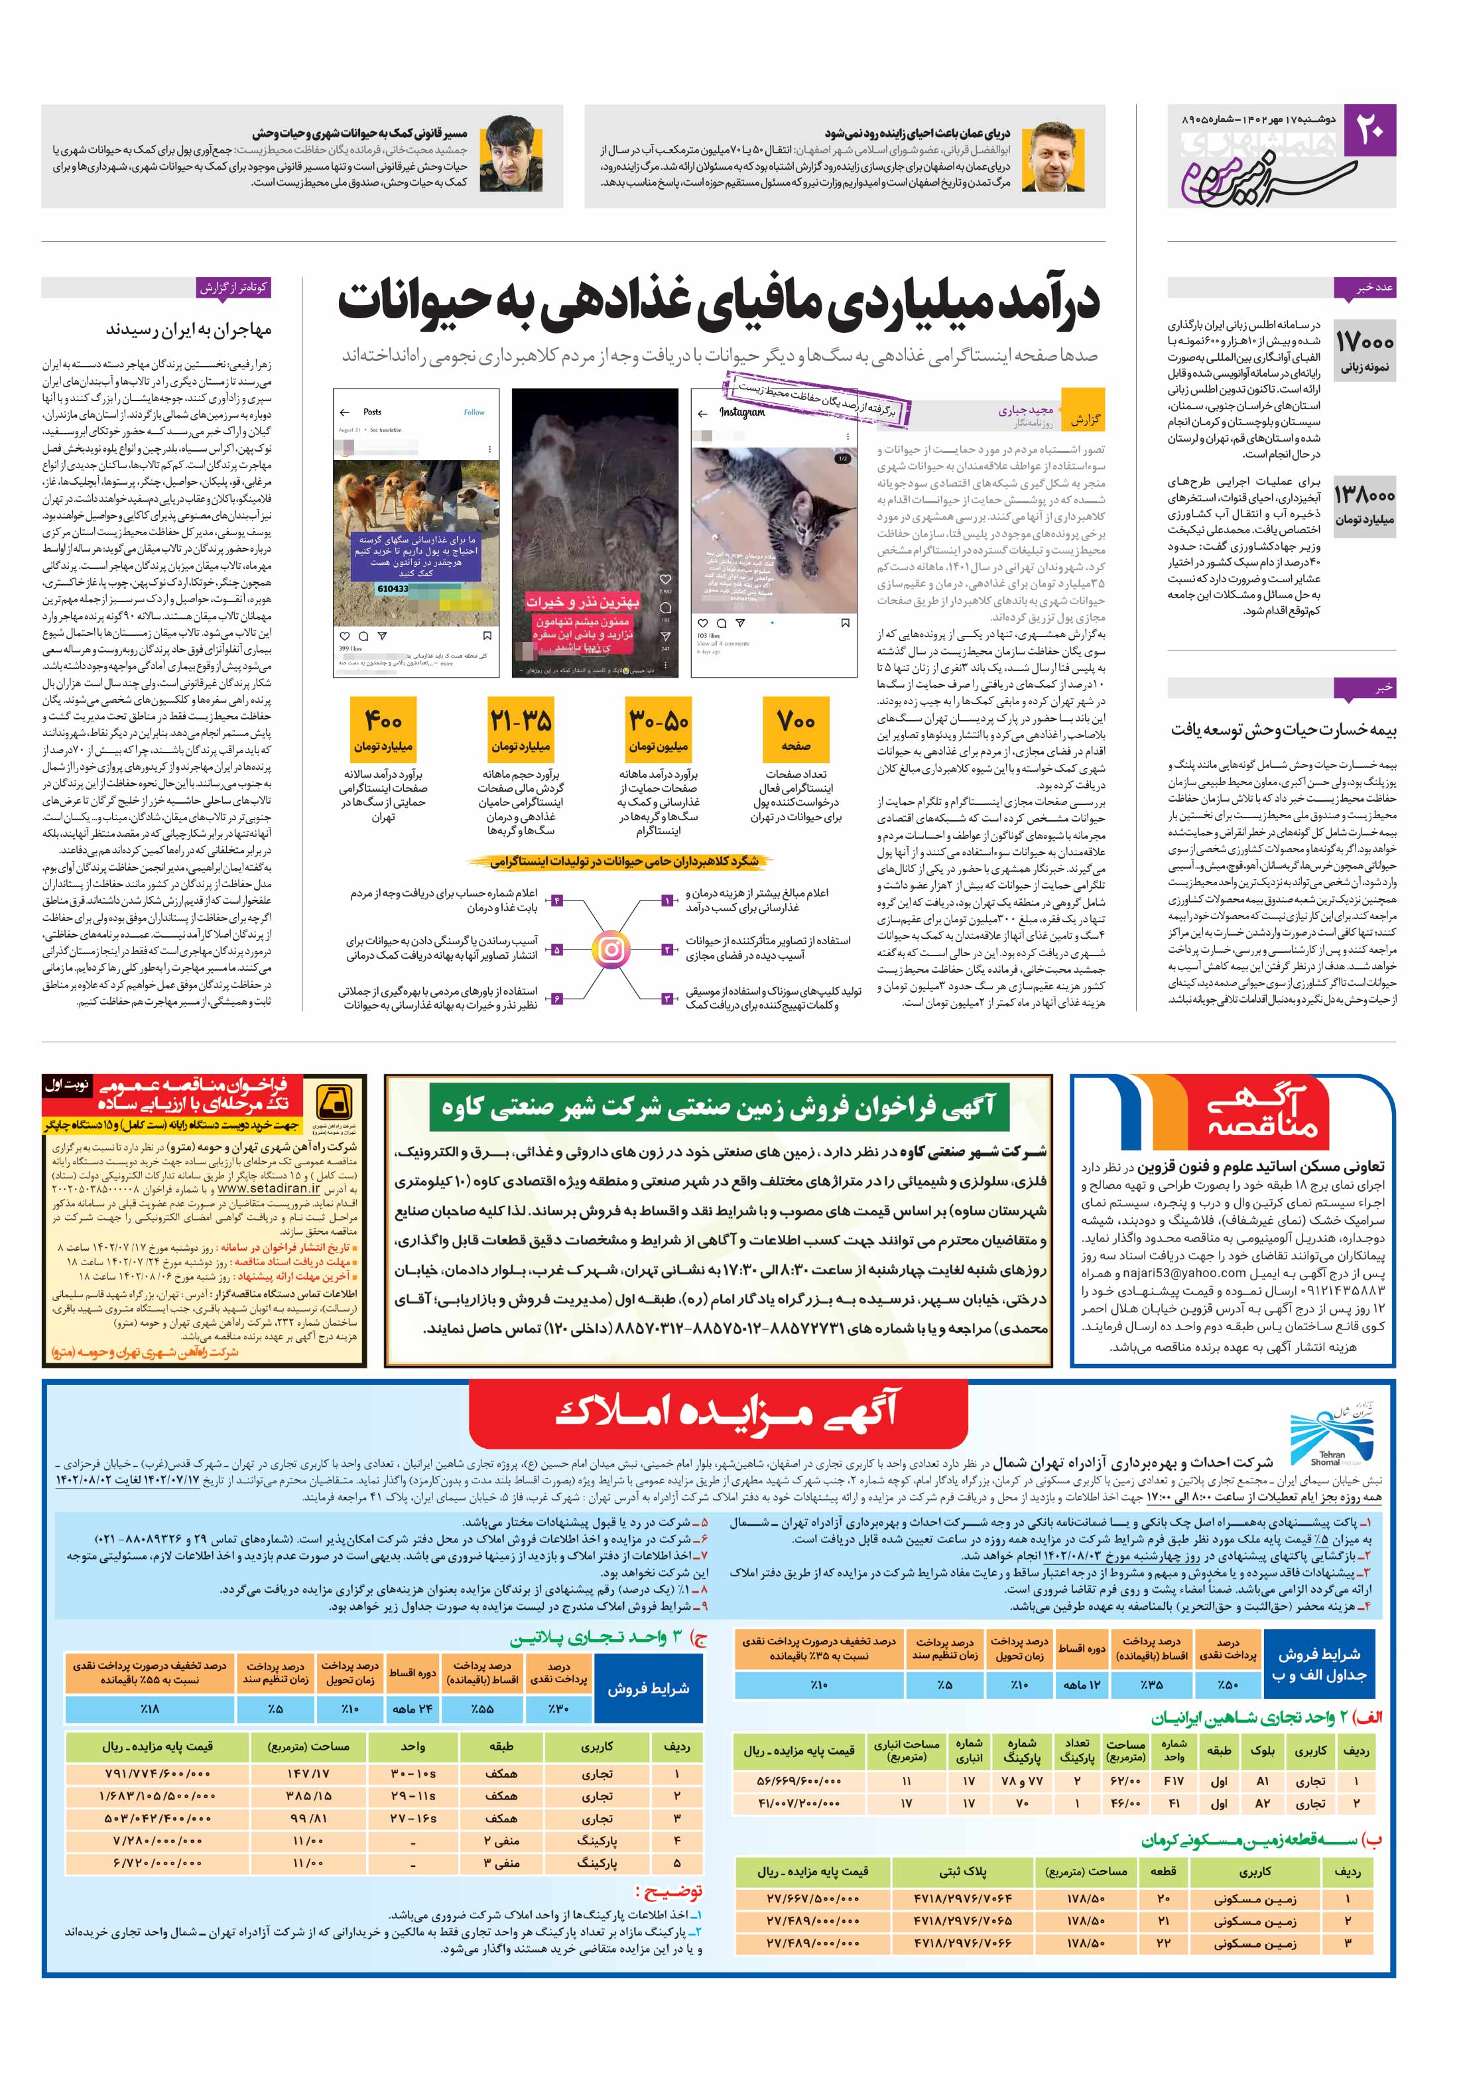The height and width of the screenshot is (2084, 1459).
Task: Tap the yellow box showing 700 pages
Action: coord(795,725)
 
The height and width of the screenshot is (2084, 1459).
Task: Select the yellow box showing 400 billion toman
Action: coord(383,725)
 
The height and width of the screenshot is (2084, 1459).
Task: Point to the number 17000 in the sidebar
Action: coord(1363,342)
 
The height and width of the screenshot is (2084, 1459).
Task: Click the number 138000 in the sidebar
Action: coord(1364,495)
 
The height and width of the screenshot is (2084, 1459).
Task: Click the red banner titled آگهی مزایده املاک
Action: coord(728,1413)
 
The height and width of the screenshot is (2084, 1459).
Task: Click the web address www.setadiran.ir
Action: coord(269,1188)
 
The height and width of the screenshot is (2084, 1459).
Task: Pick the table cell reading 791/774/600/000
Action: coord(156,1774)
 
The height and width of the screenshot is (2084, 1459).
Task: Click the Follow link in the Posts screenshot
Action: coord(474,412)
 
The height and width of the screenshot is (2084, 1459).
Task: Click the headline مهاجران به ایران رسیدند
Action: coord(188,330)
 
